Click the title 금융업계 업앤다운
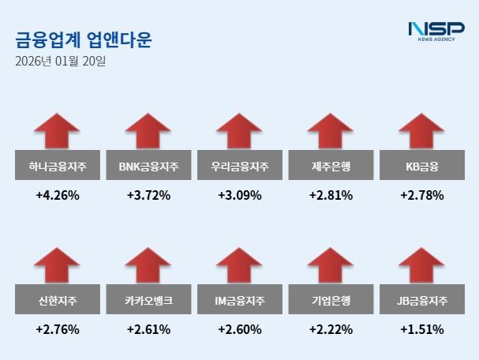(84, 39)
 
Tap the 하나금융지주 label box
(57, 166)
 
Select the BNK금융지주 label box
(148, 166)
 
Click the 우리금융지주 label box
(240, 166)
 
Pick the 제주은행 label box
(331, 166)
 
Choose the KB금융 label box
(421, 166)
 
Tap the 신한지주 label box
(57, 300)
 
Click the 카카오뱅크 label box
(148, 300)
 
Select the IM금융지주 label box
(240, 300)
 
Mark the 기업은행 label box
(331, 300)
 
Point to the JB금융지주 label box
(421, 300)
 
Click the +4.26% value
(57, 195)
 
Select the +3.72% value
(148, 195)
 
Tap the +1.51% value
(421, 329)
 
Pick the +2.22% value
(331, 329)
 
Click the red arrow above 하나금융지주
(57, 130)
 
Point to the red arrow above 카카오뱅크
(148, 264)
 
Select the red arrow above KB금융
(421, 130)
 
